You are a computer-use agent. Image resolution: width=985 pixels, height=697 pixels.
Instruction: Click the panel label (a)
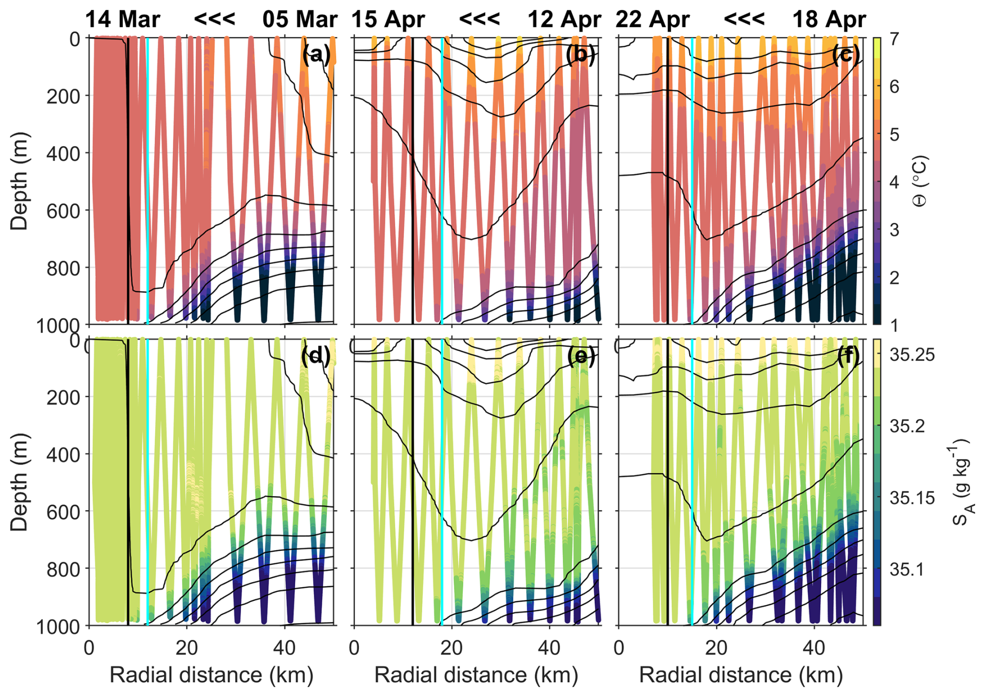point(316,55)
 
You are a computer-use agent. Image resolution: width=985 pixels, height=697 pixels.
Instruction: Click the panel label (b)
point(580,55)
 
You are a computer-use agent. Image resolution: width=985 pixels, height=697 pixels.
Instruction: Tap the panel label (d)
point(316,356)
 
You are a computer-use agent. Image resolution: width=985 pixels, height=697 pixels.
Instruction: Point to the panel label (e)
point(580,356)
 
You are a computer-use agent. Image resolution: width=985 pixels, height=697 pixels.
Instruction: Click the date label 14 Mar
point(122,20)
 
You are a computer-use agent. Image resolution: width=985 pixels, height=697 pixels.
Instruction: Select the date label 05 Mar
point(300,20)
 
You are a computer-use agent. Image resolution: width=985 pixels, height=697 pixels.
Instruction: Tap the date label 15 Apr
point(388,20)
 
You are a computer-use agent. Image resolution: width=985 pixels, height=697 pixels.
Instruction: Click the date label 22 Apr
point(652,20)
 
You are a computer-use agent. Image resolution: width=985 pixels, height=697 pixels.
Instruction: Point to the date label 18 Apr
point(829,20)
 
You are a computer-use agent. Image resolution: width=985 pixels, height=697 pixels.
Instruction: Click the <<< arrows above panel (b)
point(479,20)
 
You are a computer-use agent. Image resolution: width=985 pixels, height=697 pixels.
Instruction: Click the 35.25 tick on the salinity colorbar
point(912,355)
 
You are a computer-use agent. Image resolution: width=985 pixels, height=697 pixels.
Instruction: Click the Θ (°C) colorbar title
point(920,181)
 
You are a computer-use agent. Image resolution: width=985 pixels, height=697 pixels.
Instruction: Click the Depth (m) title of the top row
point(19,181)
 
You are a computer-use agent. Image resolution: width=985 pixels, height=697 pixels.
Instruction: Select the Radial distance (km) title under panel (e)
point(476,675)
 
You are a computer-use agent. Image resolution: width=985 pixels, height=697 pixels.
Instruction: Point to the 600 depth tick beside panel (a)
point(64,211)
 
